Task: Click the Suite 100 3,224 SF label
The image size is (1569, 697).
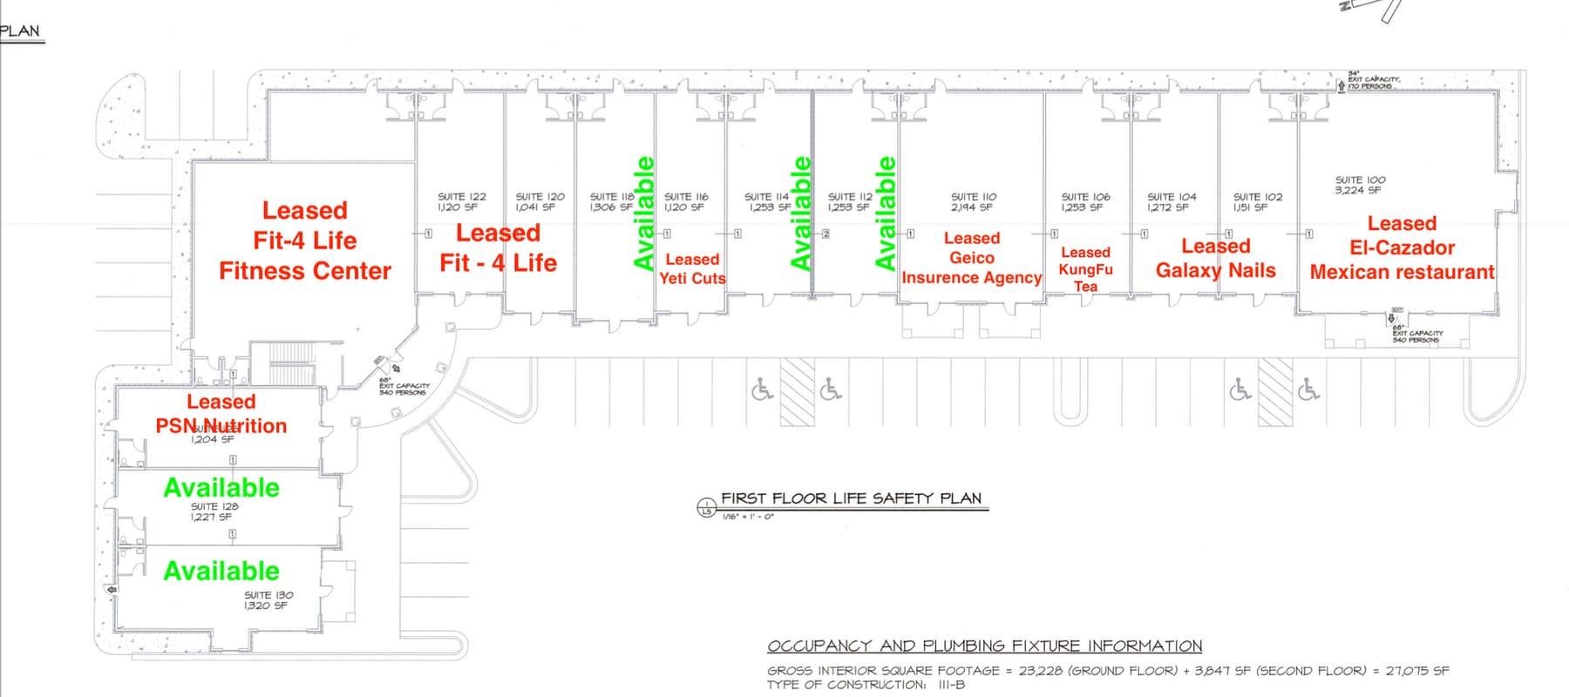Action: coord(1359,185)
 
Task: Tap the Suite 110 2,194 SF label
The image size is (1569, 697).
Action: coord(973,202)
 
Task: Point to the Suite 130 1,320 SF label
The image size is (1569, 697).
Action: coord(268,600)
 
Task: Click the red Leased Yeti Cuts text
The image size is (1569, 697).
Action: coord(692,268)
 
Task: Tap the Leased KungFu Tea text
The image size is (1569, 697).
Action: coord(1085,269)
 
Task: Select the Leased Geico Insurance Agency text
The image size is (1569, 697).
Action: coord(971,258)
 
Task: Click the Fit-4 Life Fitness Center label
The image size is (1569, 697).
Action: coord(305,240)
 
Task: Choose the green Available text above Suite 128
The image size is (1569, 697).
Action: coord(221,487)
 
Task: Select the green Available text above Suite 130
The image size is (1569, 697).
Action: coord(221,571)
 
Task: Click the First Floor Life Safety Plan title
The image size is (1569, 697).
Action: coord(851,498)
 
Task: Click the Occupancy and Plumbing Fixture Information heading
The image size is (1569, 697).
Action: coord(984,646)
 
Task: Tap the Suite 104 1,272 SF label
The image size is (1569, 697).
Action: coord(1172,202)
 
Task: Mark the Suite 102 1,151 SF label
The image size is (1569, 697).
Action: coord(1257,202)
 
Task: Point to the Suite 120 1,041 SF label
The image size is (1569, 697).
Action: coord(540,202)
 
